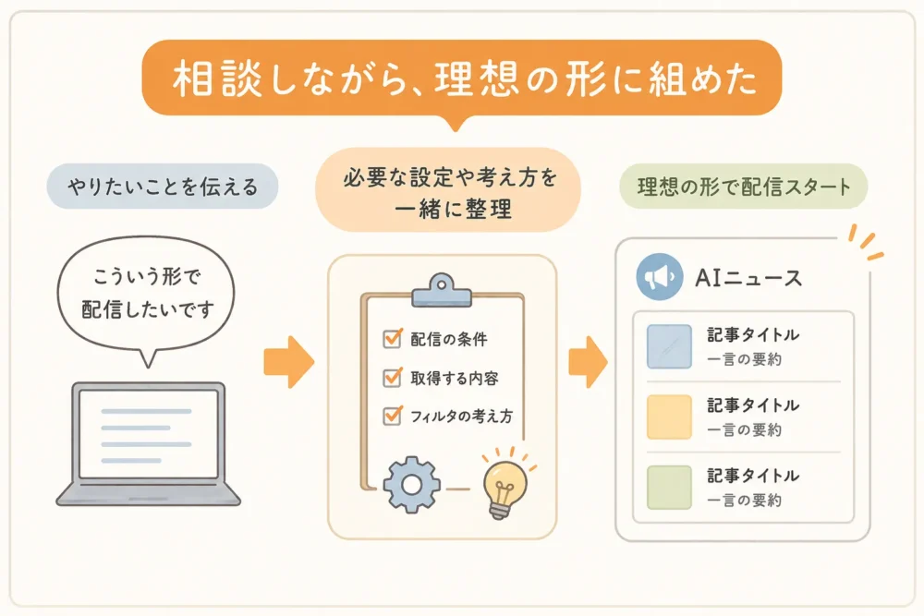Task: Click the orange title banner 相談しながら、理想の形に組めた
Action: pyautogui.click(x=461, y=78)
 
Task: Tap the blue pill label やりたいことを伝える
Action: pyautogui.click(x=162, y=187)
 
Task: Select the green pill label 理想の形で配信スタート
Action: pyautogui.click(x=744, y=187)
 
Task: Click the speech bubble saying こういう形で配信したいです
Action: pyautogui.click(x=146, y=295)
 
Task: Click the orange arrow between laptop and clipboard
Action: pyautogui.click(x=288, y=362)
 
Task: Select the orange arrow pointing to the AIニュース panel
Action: pyautogui.click(x=588, y=362)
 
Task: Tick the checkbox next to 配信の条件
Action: pyautogui.click(x=392, y=339)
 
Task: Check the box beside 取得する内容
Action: pyautogui.click(x=392, y=378)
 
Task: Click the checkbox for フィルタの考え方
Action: pyautogui.click(x=392, y=416)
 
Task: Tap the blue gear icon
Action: pyautogui.click(x=412, y=485)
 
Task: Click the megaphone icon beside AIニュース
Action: pyautogui.click(x=660, y=277)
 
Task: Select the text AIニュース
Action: pyautogui.click(x=748, y=277)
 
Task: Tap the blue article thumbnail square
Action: pyautogui.click(x=669, y=347)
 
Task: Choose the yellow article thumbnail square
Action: pyautogui.click(x=669, y=417)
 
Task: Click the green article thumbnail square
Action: pyautogui.click(x=669, y=488)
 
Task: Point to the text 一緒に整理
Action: pyautogui.click(x=453, y=209)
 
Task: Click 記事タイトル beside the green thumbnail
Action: pyautogui.click(x=753, y=476)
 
